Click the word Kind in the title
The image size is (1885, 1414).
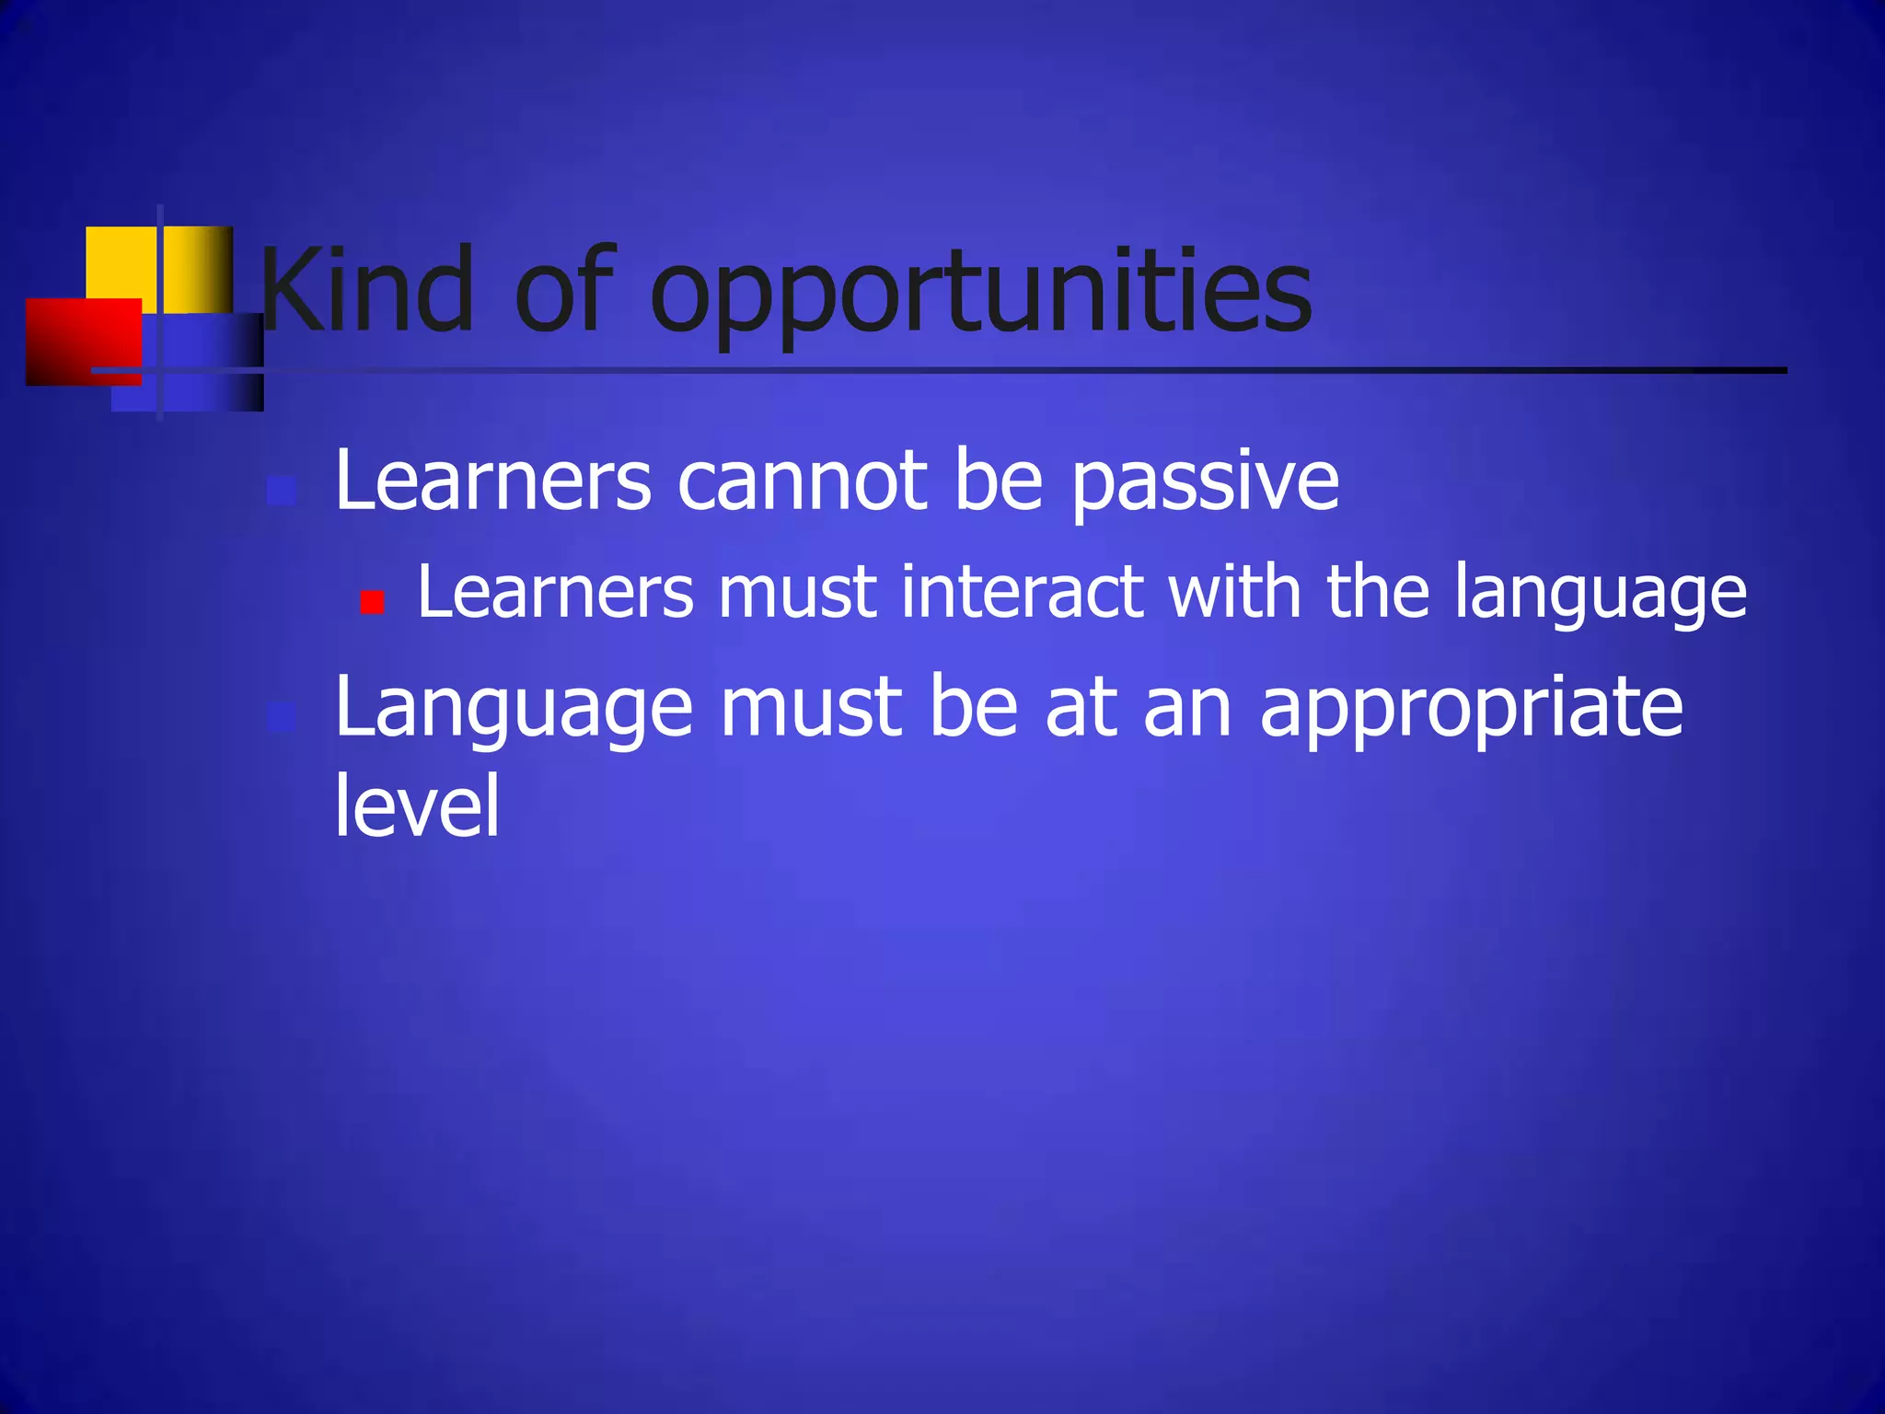(x=367, y=290)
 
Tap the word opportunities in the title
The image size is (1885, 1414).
(x=981, y=295)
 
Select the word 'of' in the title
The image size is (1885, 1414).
(x=563, y=290)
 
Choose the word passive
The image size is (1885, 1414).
(x=1205, y=484)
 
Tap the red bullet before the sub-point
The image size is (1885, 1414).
(x=372, y=603)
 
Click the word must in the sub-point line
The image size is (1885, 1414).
(x=797, y=594)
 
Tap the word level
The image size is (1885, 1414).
(x=417, y=806)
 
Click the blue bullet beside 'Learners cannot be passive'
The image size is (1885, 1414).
(x=282, y=491)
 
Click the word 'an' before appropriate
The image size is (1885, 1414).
(x=1187, y=709)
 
